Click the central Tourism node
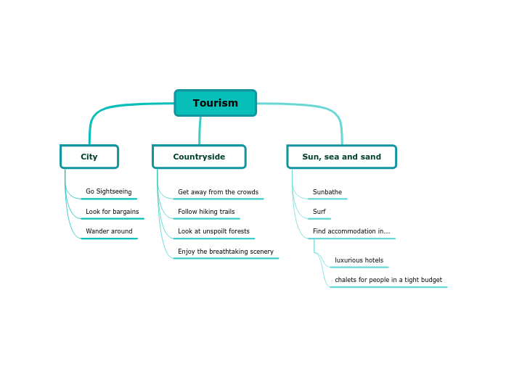tap(215, 103)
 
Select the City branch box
tap(89, 157)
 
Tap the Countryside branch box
tap(199, 157)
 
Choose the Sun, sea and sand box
tap(341, 157)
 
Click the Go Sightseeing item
tap(108, 192)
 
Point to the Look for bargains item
tap(112, 212)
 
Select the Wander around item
tap(109, 231)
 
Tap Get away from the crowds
tap(218, 192)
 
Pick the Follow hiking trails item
tap(206, 212)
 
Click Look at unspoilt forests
tap(213, 231)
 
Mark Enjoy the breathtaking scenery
tap(226, 252)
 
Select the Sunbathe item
tap(327, 192)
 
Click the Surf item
tap(319, 212)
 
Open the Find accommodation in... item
tap(351, 231)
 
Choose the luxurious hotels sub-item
tap(359, 260)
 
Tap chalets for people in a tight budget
tap(388, 280)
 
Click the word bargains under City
tap(126, 212)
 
